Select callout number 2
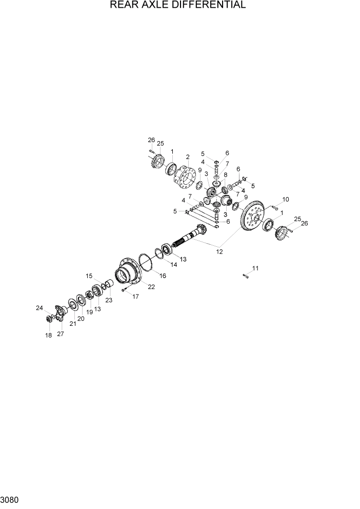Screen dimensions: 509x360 pos(188,157)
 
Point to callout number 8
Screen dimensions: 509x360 pos(225,175)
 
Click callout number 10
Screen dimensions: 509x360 pos(286,199)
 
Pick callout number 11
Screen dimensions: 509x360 pos(255,268)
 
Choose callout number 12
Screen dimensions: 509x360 pos(219,251)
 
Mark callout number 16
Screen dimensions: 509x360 pos(163,276)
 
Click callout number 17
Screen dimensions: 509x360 pos(136,296)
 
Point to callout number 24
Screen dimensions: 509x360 pos(39,308)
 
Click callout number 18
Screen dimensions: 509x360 pos(49,335)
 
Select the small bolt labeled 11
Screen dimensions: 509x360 pos(245,277)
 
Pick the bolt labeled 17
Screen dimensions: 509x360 pos(125,290)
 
